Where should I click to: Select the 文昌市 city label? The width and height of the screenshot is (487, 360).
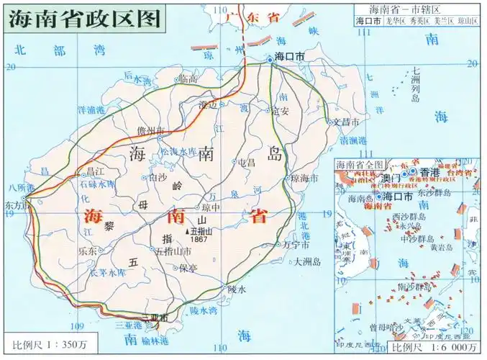click(344, 122)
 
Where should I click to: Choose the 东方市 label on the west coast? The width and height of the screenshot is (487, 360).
click(14, 204)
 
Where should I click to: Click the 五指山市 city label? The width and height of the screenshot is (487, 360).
click(173, 251)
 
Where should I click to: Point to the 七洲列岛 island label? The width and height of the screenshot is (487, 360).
click(417, 84)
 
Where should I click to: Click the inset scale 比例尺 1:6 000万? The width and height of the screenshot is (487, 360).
click(434, 347)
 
